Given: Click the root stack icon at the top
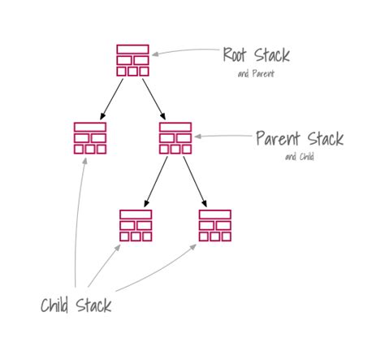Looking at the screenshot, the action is [132, 60].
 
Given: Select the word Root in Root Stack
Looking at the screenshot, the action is [235, 54].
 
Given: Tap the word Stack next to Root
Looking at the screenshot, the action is [272, 55].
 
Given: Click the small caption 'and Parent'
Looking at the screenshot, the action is [256, 73].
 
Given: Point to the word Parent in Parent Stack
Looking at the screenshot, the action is [278, 138].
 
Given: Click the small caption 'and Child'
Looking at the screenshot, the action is [300, 157].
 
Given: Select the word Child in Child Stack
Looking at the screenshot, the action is [54, 306].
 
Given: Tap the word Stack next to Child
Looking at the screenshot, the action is [93, 306].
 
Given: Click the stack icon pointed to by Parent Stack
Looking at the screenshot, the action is [175, 138].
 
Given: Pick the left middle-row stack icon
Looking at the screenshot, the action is [90, 138].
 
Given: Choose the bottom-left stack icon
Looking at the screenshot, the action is [136, 226].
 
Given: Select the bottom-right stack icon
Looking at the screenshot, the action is [215, 226].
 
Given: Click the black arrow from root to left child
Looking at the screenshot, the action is [111, 99].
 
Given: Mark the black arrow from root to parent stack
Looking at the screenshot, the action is [154, 99].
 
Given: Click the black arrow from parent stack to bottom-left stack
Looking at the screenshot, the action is [156, 182].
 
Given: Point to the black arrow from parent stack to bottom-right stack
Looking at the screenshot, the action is [195, 182].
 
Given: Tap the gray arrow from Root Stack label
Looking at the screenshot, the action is [185, 50].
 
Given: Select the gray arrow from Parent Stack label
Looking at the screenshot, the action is [223, 136].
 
